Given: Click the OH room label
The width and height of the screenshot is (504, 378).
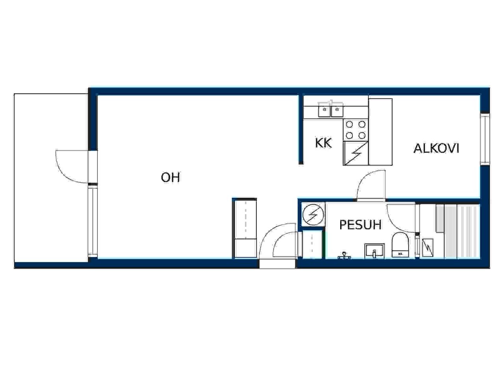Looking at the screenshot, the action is tap(170, 178).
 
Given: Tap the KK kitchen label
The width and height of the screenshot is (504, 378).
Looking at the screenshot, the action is tap(323, 143).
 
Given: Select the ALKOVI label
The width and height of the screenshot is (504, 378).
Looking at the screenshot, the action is tap(436, 148).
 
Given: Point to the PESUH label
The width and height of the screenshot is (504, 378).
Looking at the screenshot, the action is tap(360, 224).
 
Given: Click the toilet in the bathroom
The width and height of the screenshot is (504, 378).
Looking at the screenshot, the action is tap(400, 245).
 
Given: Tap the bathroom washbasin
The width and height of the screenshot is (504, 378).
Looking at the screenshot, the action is tap(374, 251).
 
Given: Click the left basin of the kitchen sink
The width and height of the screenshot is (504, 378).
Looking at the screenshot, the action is tap(324, 110).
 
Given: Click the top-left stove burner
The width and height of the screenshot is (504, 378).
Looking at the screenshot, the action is tap(349, 124).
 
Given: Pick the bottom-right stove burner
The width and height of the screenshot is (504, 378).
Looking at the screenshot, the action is tap(362, 135).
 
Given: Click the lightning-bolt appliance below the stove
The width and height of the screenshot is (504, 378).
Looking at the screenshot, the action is tap(356, 153).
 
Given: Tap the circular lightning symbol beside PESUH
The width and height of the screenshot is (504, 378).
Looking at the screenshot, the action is tap(313, 215).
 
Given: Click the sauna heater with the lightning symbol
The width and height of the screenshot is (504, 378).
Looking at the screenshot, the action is tap(428, 247).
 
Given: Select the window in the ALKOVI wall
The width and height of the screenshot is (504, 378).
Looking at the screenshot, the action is tap(485, 139).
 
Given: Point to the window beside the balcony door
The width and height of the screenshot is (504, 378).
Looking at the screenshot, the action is tap(93, 221).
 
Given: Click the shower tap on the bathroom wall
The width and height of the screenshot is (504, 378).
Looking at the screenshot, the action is tap(344, 256).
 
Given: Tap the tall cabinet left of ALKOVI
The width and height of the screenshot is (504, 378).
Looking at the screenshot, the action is tap(380, 132).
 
